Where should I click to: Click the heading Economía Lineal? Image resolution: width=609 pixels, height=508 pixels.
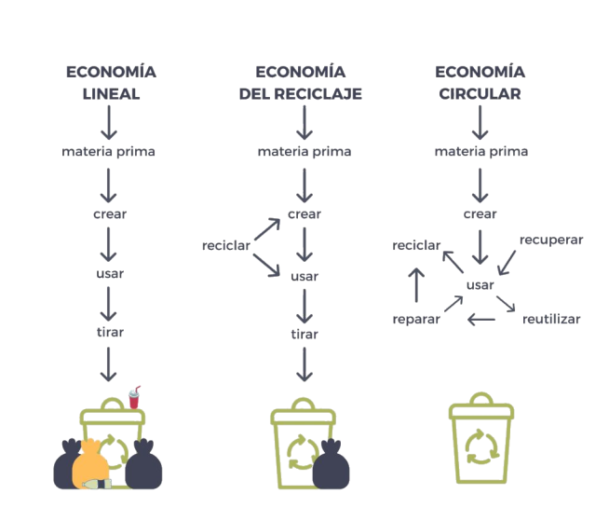(110, 83)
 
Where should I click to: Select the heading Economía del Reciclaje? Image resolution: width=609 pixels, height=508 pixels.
(300, 83)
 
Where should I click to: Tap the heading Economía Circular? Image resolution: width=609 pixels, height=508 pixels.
(480, 83)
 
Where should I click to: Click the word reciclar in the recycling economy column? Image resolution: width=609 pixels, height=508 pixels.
(225, 245)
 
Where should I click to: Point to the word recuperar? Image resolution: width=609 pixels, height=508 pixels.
(551, 240)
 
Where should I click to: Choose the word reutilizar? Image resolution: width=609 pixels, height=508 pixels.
(551, 319)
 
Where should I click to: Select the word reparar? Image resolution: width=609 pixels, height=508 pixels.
(416, 320)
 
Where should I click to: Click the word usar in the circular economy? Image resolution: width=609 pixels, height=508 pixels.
(480, 283)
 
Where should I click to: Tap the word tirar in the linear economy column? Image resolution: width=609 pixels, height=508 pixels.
(110, 332)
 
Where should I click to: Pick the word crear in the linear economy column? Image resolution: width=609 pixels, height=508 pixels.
(110, 213)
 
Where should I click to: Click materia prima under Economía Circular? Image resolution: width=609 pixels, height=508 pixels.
(481, 151)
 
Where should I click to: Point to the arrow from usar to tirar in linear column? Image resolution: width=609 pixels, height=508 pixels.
(110, 302)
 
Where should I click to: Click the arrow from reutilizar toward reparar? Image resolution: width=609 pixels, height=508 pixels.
(481, 320)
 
